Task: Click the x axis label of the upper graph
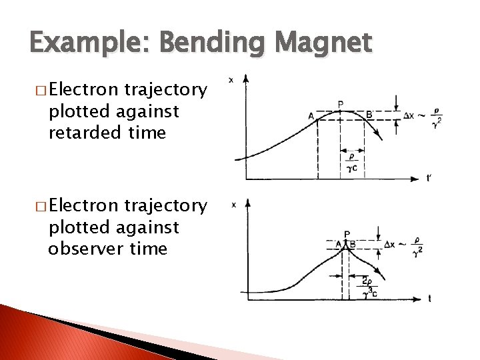coord(231,80)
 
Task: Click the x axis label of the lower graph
coord(233,205)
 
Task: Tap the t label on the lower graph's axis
coord(429,299)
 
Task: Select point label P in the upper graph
coord(341,104)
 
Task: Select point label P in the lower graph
coord(347,235)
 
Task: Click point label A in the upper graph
coord(311,116)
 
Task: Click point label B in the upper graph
coord(369,115)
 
